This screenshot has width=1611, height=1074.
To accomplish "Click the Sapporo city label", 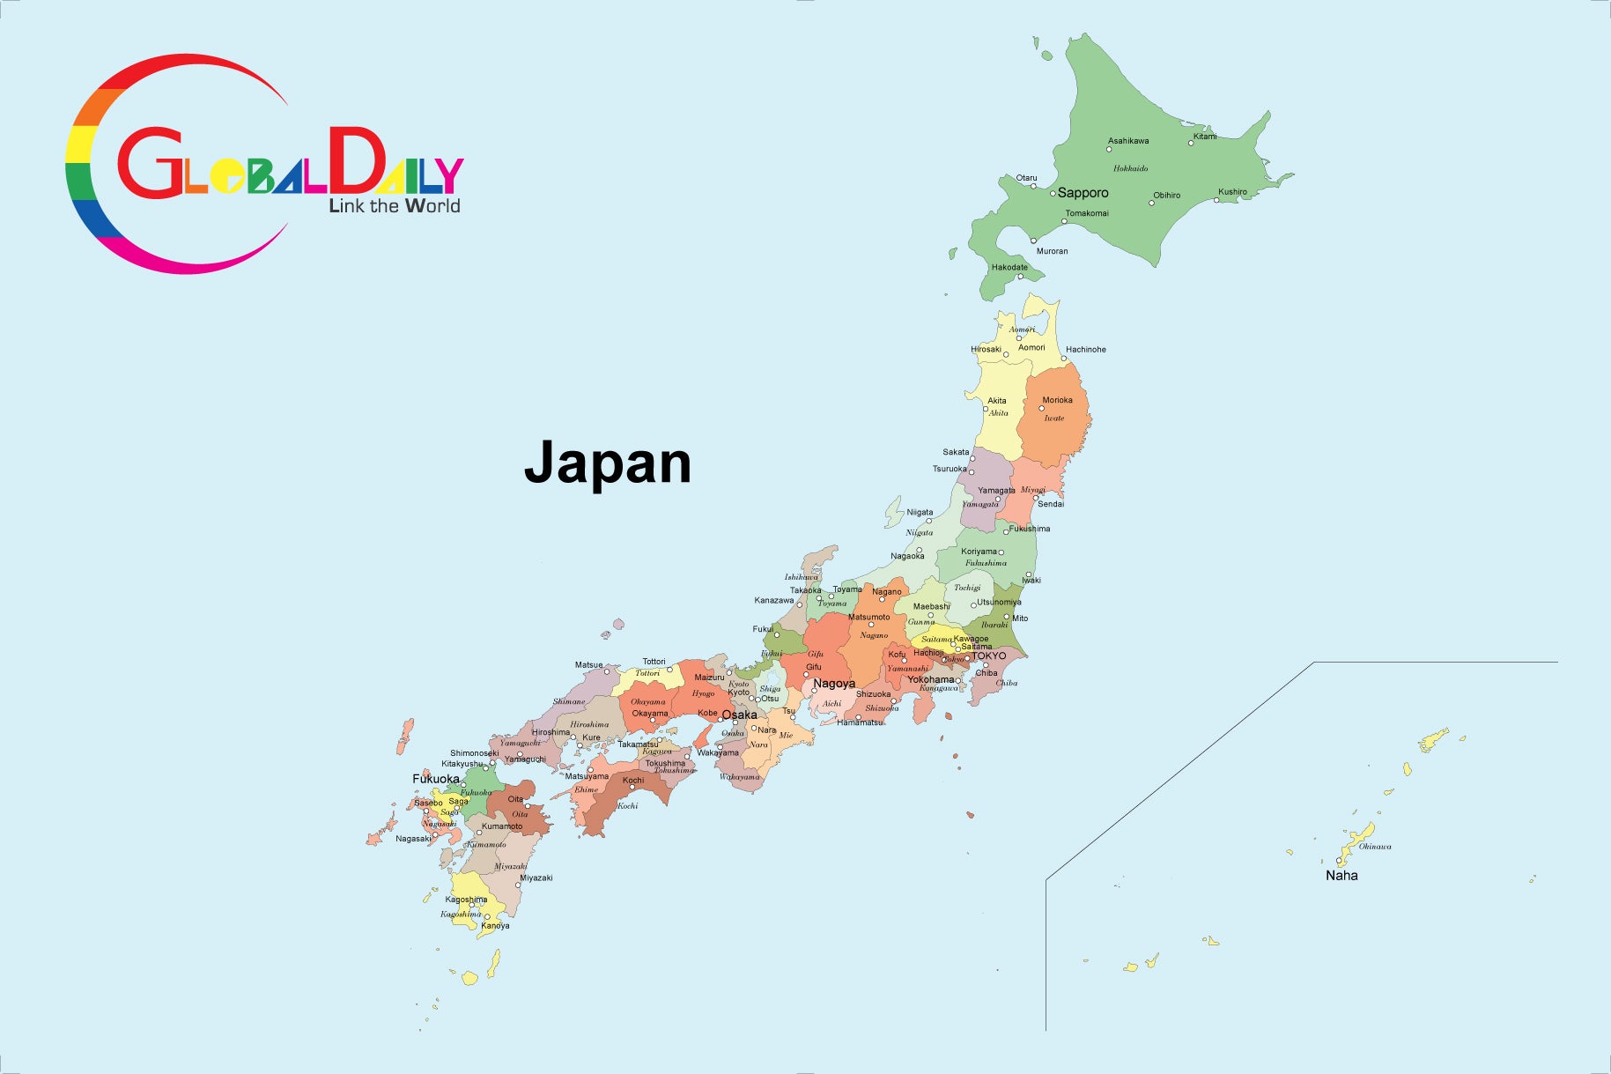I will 1083,193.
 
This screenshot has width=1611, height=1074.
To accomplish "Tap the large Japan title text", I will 608,463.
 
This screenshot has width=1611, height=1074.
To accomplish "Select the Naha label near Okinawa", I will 1341,875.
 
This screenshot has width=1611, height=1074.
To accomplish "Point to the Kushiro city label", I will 1232,191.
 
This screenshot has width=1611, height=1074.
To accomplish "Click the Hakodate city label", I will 1009,267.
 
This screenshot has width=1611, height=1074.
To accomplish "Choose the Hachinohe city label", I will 1085,350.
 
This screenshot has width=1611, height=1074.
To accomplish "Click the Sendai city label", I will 1051,504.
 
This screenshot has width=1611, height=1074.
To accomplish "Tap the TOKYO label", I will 988,656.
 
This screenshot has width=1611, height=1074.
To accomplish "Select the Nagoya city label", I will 833,684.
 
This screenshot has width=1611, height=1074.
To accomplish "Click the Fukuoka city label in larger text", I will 436,779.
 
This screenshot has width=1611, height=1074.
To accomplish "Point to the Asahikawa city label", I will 1128,141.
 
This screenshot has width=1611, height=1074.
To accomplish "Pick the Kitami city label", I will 1205,137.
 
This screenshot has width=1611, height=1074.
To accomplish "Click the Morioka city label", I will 1057,400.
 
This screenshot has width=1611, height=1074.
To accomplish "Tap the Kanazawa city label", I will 773,600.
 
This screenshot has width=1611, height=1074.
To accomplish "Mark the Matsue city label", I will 588,665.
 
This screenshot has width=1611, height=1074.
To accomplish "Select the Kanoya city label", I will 495,925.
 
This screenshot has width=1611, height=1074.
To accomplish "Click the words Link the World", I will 395,206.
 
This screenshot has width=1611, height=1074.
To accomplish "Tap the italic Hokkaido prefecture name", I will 1130,168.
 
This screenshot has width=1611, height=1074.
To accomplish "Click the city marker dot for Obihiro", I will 1151,204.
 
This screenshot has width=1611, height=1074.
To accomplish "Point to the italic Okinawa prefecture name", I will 1375,847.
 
